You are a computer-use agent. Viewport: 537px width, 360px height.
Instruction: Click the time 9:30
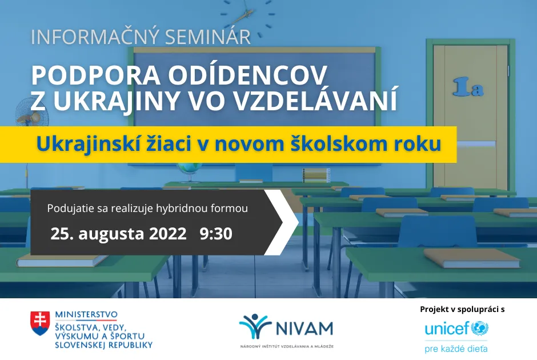point(216,234)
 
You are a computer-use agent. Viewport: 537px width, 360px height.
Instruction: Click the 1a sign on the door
point(468,87)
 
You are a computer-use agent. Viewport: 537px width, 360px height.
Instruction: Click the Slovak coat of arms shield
point(41,323)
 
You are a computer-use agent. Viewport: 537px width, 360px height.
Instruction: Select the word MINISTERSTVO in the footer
point(86,314)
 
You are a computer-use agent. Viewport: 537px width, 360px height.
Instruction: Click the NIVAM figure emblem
point(255,326)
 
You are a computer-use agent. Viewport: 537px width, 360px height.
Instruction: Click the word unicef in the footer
point(446,329)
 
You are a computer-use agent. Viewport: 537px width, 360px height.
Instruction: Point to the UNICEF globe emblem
point(479,329)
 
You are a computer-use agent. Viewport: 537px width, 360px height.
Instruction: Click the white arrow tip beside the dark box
point(290,222)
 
